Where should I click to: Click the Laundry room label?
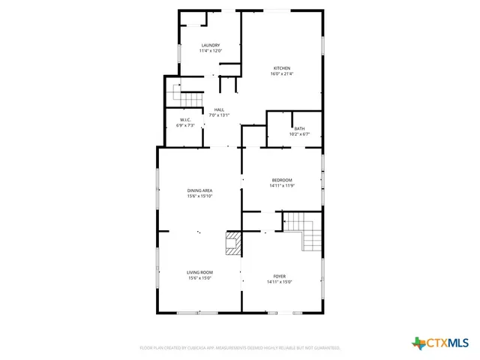(x=210, y=46)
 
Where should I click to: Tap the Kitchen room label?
(x=280, y=68)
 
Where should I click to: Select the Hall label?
(x=219, y=109)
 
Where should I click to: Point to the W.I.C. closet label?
(x=185, y=120)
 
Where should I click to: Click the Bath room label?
(x=299, y=128)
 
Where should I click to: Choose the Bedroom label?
(x=281, y=180)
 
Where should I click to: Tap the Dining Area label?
(x=200, y=190)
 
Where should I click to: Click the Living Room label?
(x=200, y=272)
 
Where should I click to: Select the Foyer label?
(x=279, y=276)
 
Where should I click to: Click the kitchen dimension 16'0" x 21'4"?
(x=280, y=73)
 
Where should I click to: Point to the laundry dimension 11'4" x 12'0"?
(x=210, y=51)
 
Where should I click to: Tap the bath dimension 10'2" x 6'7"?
(x=299, y=133)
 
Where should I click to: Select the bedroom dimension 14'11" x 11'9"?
(x=281, y=185)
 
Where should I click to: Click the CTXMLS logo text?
(x=448, y=343)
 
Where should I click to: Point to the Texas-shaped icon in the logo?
(x=418, y=343)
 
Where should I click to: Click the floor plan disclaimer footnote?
(x=240, y=348)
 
